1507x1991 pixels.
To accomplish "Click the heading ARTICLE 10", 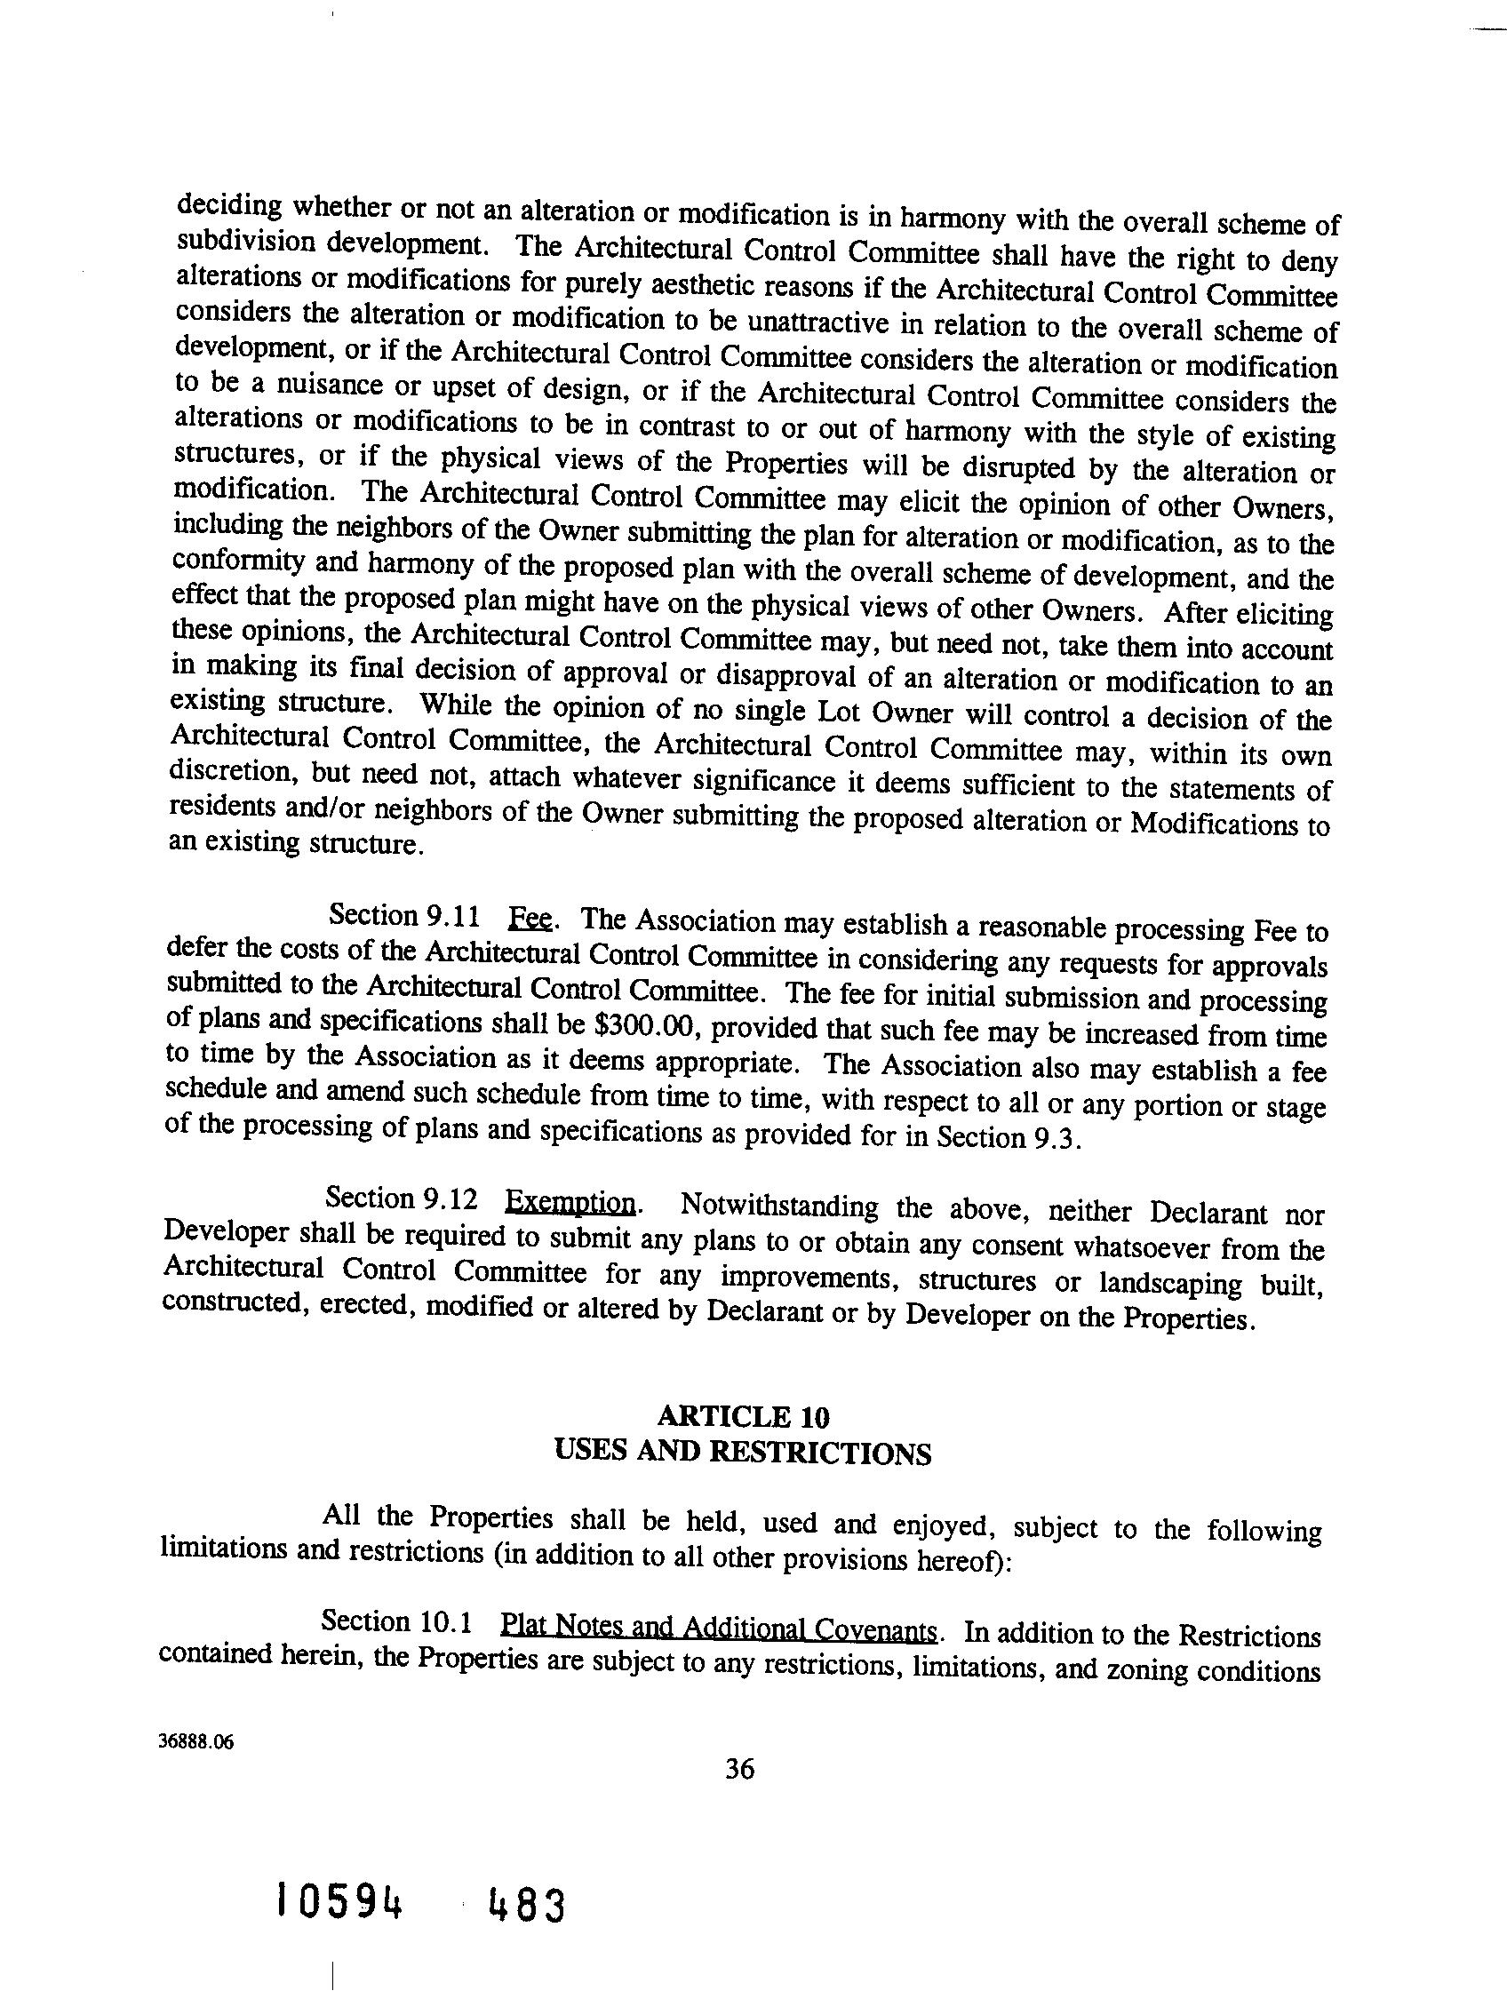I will pos(743,1417).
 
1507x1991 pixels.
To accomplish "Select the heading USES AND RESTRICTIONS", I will pos(743,1453).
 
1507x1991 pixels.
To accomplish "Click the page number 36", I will pos(739,1770).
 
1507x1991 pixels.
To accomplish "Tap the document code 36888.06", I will pos(195,1740).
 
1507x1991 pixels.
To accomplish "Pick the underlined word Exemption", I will pos(570,1203).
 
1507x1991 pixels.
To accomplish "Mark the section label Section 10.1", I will pos(396,1623).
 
